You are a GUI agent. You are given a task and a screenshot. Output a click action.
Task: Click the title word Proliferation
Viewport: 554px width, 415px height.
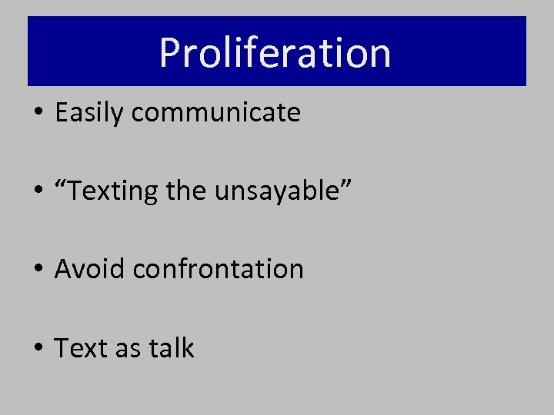(x=275, y=52)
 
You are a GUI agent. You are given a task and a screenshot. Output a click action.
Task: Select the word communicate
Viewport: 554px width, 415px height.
(x=215, y=113)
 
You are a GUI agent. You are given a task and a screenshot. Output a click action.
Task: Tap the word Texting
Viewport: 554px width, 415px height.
(x=115, y=191)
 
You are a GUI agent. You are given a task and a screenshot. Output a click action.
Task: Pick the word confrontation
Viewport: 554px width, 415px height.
(x=219, y=269)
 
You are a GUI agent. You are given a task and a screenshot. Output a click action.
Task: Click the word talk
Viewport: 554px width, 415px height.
(x=172, y=348)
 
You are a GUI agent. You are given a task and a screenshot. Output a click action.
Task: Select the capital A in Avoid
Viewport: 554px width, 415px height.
(x=64, y=269)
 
